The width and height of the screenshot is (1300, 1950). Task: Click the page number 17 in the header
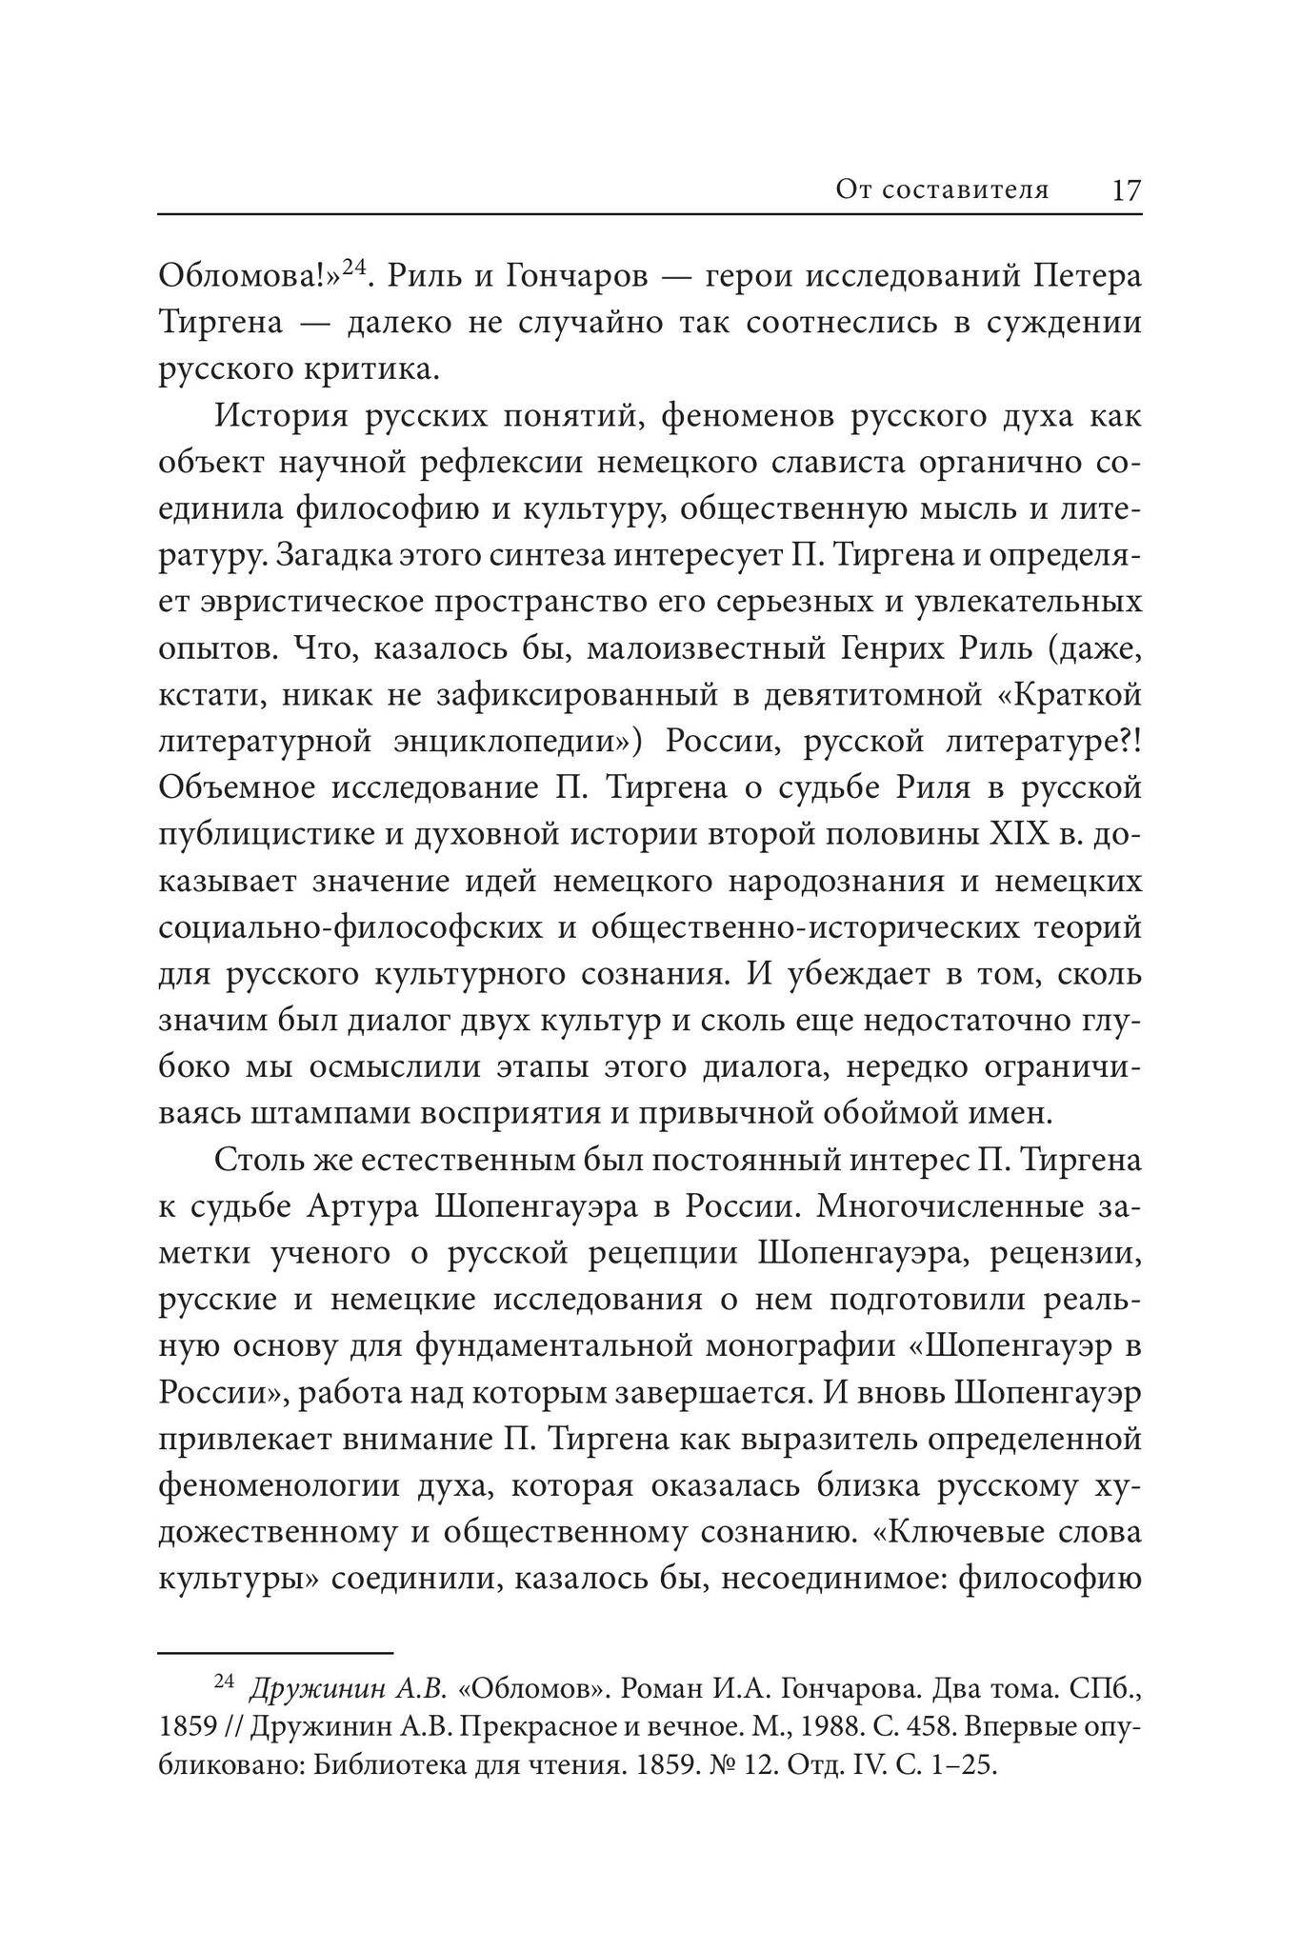(x=1126, y=190)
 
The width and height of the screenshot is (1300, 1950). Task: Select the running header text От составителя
(x=942, y=190)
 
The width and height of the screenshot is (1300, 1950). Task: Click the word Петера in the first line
(x=1087, y=277)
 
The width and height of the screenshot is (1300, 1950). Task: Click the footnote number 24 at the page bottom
(x=224, y=1682)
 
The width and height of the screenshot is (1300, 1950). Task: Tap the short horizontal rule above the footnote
(x=275, y=1654)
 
